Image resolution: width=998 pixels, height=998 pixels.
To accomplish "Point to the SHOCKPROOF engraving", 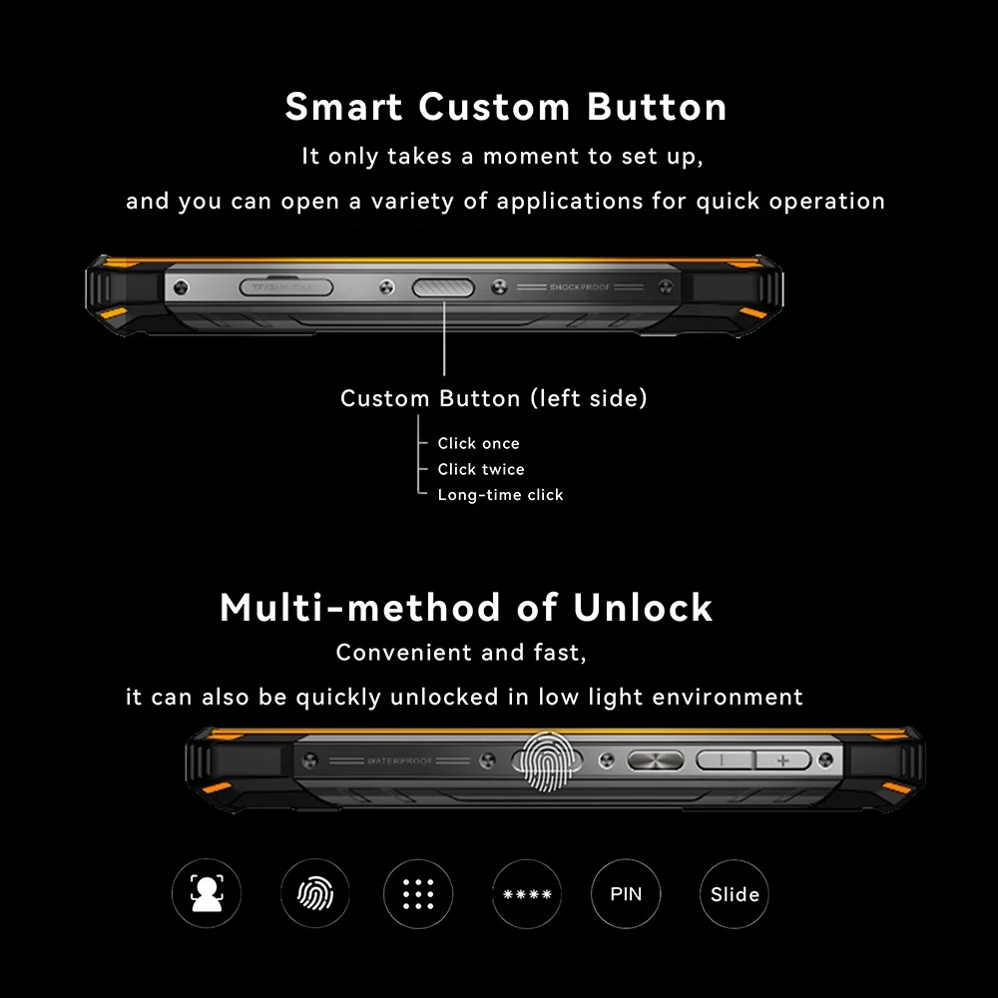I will (x=579, y=287).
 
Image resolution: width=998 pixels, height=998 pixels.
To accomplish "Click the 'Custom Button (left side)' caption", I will (x=494, y=399).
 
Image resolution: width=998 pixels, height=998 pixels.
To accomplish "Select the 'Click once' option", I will (x=478, y=443).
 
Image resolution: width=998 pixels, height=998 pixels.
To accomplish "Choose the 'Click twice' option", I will (x=480, y=469).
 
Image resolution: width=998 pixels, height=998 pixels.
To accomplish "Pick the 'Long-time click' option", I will (x=500, y=495).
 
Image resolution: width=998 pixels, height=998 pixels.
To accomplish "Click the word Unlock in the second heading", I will (x=643, y=607).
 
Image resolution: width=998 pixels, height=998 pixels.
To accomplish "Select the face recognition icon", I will (x=207, y=894).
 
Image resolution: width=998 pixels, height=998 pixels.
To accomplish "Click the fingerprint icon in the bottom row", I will (x=314, y=894).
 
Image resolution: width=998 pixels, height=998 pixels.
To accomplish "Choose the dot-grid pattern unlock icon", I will (x=418, y=894).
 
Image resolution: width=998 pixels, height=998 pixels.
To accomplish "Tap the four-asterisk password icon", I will (x=527, y=894).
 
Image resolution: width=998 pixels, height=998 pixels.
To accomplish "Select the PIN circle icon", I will (x=626, y=894).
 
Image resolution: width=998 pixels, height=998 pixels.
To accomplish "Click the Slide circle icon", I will (x=735, y=894).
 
